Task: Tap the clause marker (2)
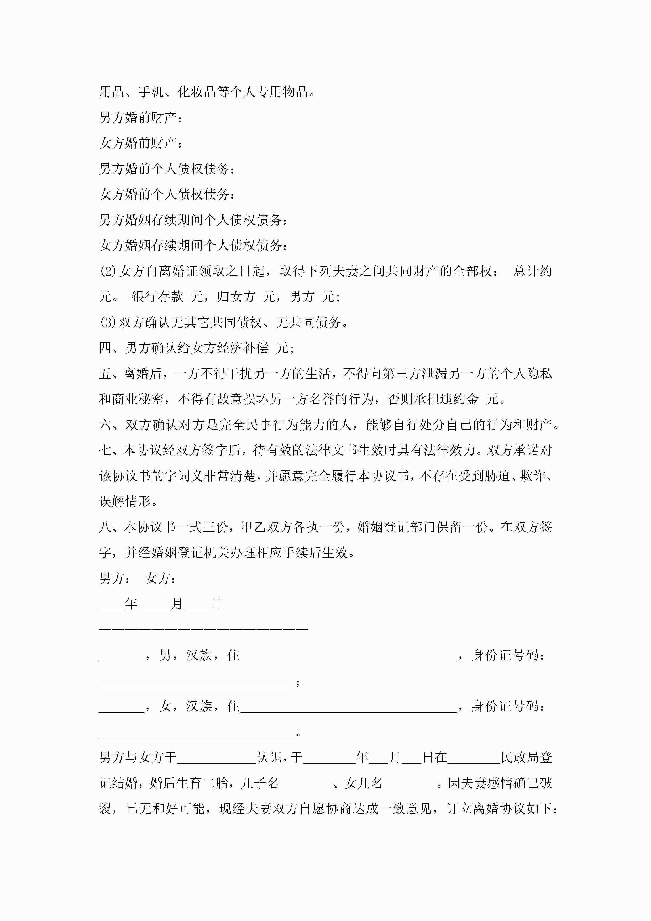pos(108,271)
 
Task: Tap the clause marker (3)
pos(108,322)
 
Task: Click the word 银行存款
pos(157,297)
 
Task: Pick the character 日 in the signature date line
pos(217,604)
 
